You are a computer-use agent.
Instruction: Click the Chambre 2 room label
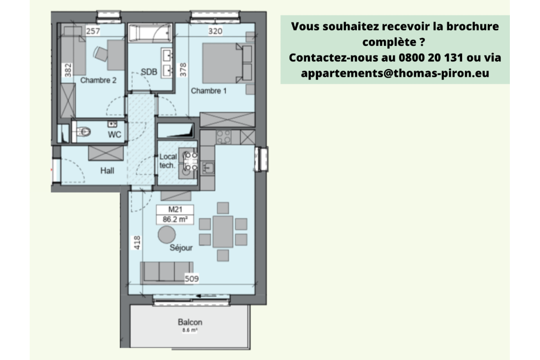click(99, 81)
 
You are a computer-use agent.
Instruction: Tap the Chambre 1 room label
click(209, 91)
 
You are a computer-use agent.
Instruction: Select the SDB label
click(148, 72)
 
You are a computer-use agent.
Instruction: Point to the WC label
click(115, 135)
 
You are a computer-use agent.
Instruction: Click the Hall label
click(107, 171)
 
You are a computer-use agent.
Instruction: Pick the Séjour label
click(181, 248)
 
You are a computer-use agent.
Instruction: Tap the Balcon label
click(190, 322)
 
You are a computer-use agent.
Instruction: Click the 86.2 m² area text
click(175, 220)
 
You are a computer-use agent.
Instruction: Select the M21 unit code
click(174, 209)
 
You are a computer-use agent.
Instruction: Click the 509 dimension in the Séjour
click(192, 279)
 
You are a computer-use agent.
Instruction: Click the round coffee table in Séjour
click(167, 234)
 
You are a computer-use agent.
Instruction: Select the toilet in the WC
click(84, 131)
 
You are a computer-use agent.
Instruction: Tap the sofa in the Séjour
click(167, 272)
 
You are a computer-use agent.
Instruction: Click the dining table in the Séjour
click(223, 231)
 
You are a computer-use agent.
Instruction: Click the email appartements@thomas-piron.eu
click(396, 73)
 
